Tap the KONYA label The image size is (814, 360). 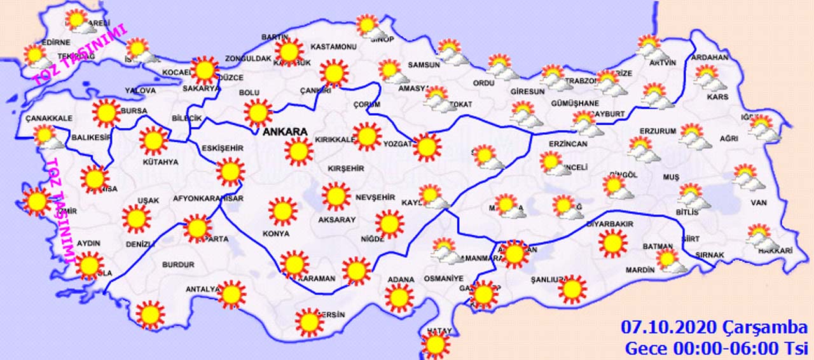(x=275, y=233)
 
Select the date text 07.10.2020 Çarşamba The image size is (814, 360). (x=714, y=328)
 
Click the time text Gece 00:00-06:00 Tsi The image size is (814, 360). (x=715, y=349)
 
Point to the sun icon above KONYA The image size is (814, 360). (x=282, y=211)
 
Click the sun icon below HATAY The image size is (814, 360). (x=436, y=345)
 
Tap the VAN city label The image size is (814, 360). (x=759, y=203)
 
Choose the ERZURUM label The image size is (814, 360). (x=658, y=131)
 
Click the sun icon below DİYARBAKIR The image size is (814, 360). (x=613, y=244)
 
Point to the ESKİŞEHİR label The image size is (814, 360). (x=223, y=148)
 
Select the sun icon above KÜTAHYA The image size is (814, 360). (x=153, y=141)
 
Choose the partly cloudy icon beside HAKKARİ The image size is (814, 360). (x=761, y=237)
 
